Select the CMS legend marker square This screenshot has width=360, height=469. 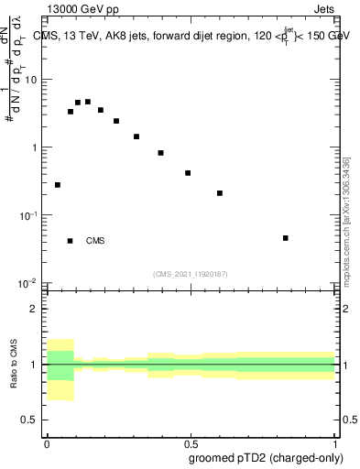71,241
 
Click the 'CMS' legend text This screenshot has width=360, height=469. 95,241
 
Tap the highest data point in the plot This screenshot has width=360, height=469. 88,102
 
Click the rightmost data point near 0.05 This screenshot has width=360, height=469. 287,238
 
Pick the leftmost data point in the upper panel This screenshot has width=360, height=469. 58,185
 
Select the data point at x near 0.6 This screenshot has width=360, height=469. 220,193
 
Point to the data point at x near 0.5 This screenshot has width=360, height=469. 188,173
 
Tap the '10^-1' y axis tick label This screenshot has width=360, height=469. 28,214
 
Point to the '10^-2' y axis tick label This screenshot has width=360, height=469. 28,282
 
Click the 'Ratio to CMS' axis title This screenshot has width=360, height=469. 14,365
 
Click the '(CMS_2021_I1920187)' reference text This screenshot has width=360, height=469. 191,274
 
